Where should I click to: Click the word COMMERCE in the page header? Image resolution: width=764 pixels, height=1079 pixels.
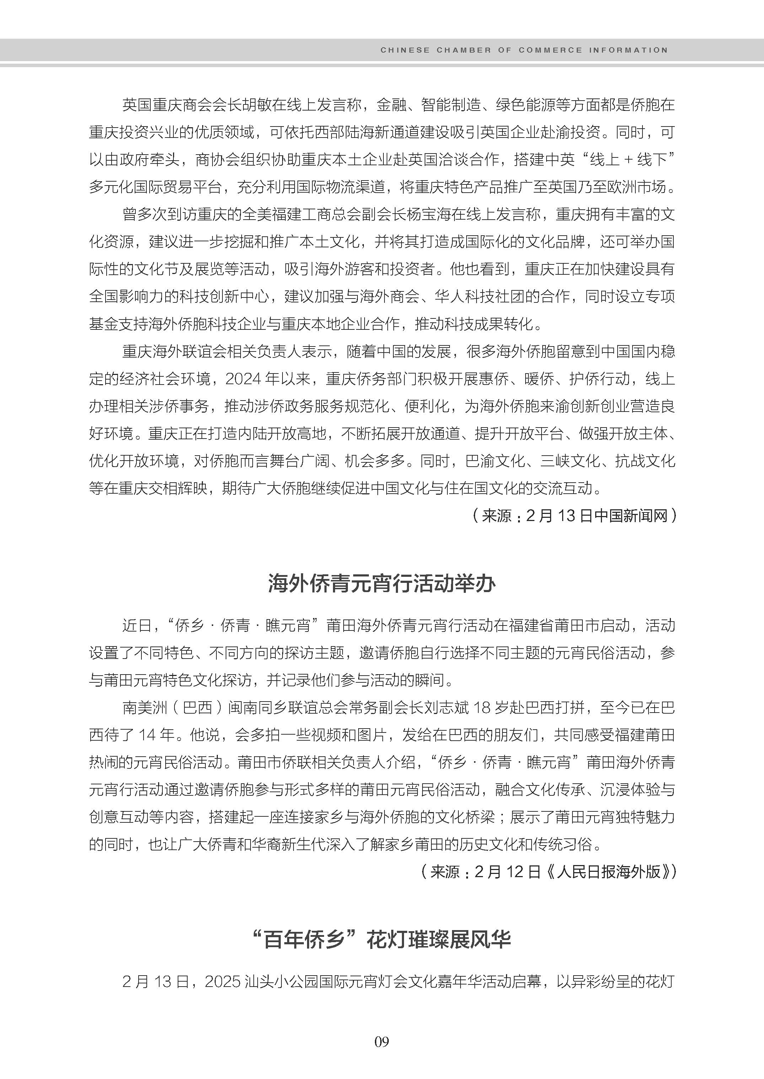(x=550, y=50)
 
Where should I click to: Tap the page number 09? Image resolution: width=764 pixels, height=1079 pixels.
(x=382, y=1042)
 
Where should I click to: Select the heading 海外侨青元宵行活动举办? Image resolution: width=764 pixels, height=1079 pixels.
(x=382, y=584)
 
